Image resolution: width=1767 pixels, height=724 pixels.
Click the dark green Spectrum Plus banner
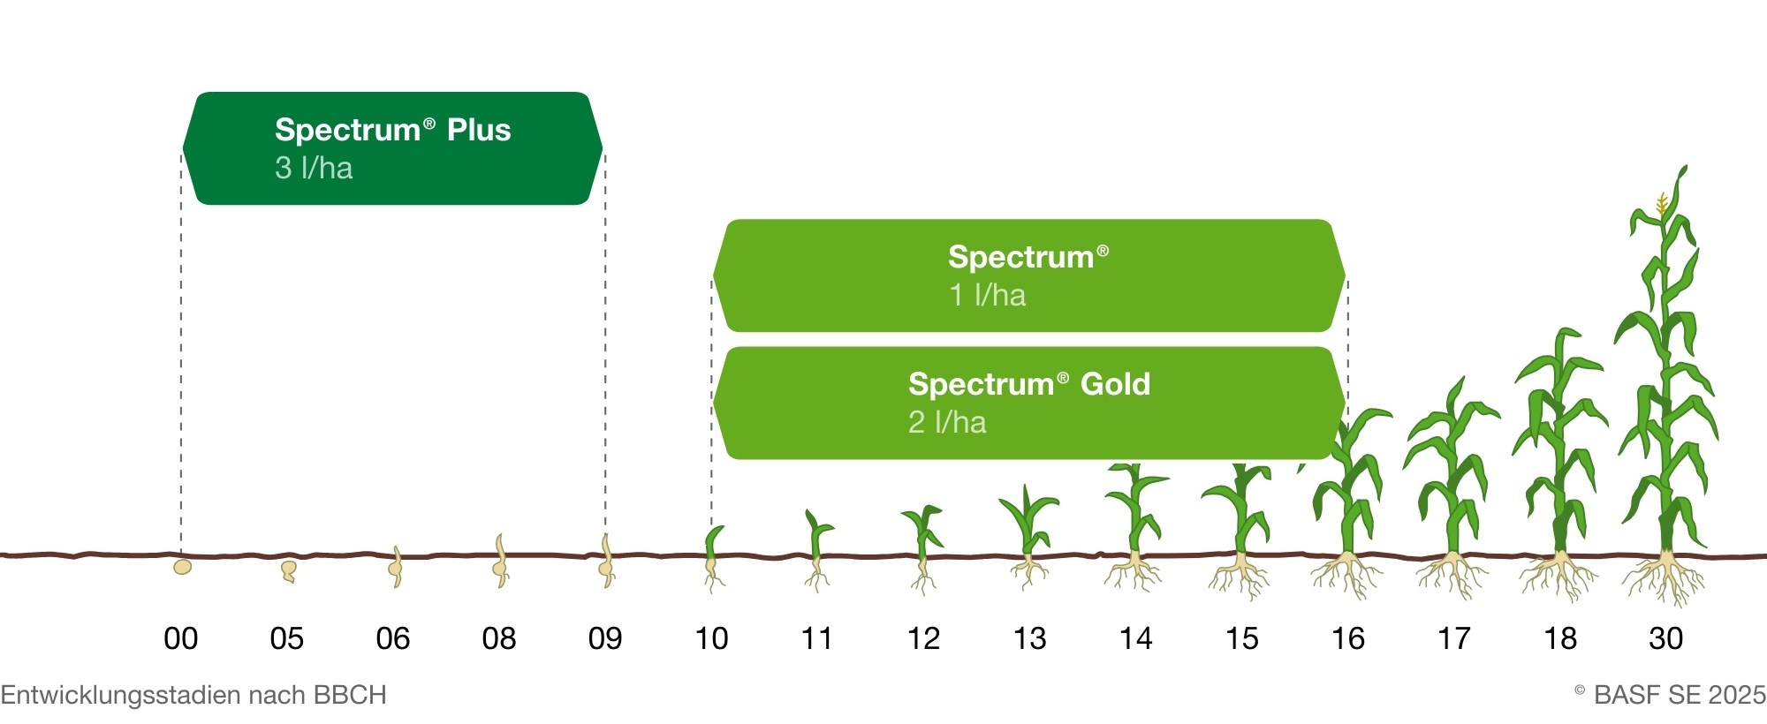392,148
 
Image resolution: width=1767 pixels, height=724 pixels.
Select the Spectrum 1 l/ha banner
1028,275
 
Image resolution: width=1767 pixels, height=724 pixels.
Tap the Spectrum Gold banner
1028,403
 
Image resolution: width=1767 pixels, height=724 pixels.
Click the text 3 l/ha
314,168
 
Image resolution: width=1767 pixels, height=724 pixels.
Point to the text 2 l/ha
947,422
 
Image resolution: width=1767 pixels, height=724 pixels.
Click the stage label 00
181,638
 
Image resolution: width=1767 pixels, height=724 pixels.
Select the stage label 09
605,638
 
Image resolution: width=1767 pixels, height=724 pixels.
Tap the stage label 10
711,638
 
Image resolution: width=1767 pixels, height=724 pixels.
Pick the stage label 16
1348,638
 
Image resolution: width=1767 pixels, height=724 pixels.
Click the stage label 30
1666,638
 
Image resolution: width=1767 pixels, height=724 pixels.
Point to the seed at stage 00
182,567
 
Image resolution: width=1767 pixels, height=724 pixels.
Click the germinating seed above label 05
288,571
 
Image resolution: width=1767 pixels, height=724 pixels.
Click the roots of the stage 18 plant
1559,576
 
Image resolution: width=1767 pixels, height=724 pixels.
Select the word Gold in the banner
1115,384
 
